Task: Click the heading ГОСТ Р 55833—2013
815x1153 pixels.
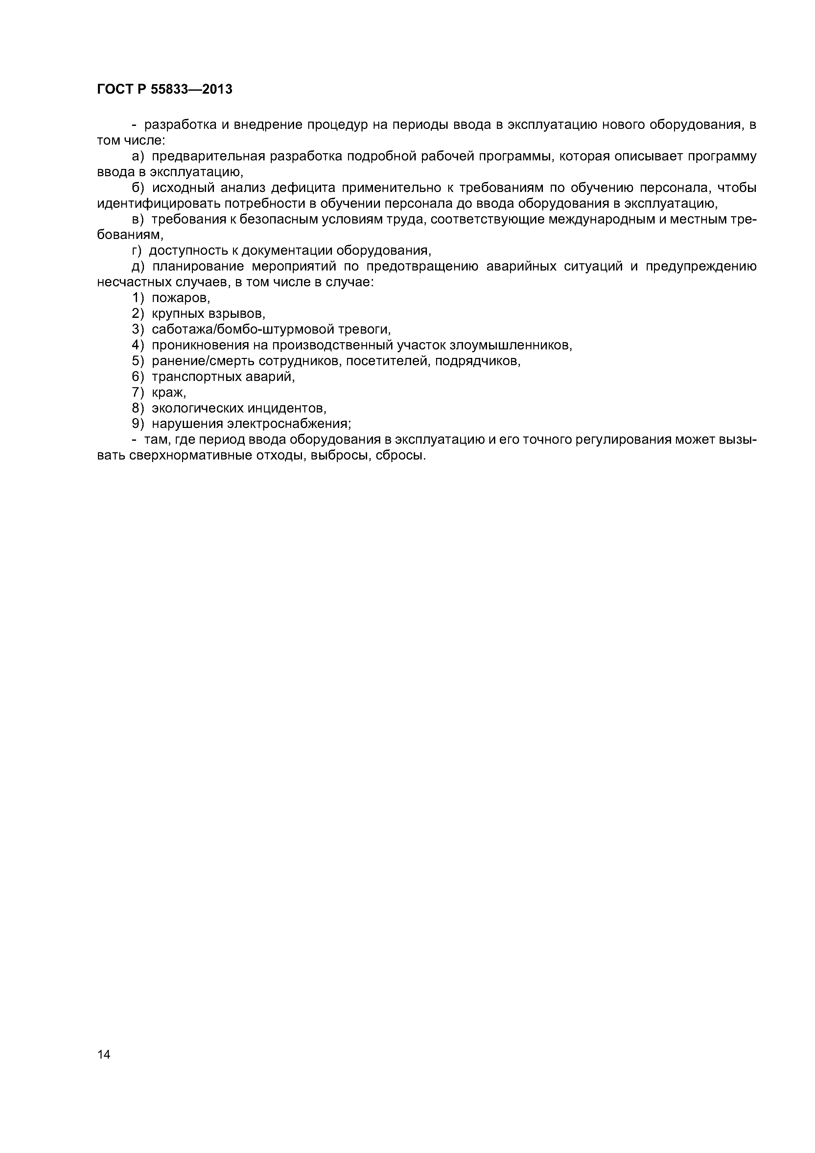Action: tap(165, 89)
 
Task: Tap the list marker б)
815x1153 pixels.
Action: tap(138, 187)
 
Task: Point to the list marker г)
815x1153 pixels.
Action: tap(137, 250)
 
